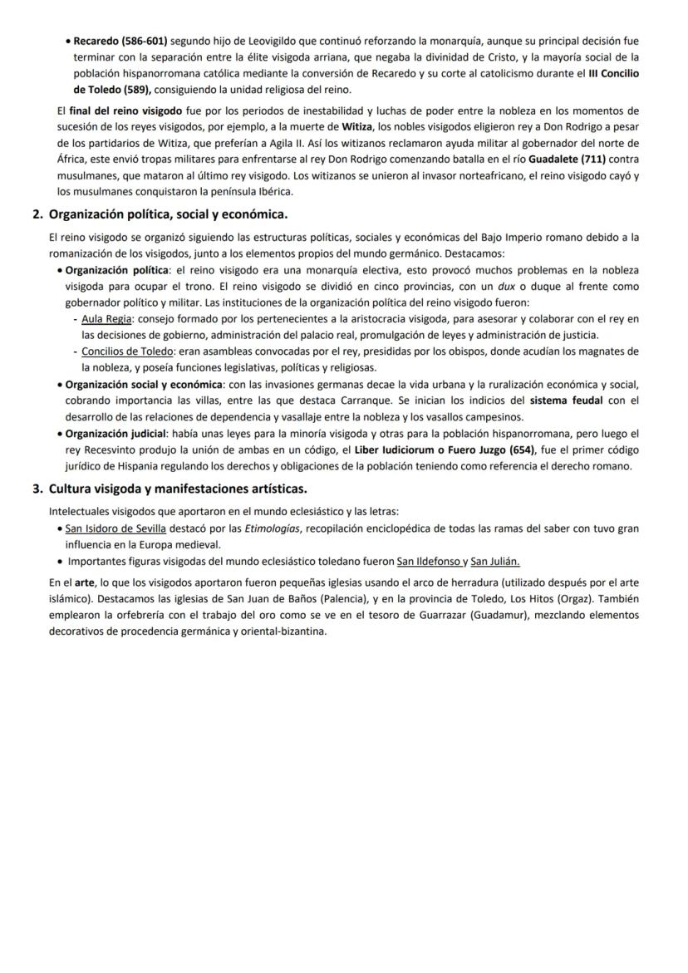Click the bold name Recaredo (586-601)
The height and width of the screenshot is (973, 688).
120,40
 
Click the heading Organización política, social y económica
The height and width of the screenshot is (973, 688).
168,214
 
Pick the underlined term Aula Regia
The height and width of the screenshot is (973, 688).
106,319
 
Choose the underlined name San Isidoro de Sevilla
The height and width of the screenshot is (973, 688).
115,528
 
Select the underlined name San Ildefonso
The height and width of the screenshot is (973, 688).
428,561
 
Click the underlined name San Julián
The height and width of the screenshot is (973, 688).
495,561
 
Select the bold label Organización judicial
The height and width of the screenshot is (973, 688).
115,433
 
